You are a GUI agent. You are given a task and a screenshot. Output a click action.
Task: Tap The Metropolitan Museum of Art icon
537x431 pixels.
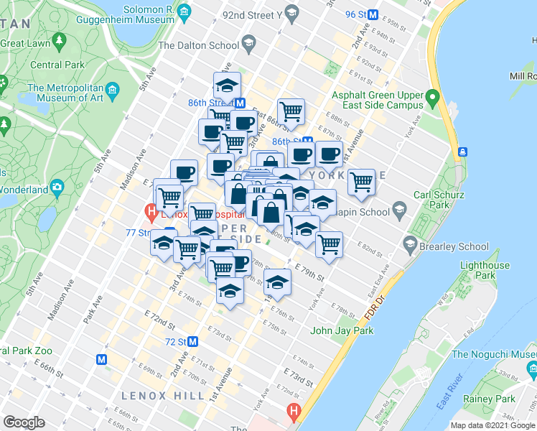112,90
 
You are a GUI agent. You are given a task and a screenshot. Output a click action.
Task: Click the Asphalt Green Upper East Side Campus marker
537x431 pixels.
431,96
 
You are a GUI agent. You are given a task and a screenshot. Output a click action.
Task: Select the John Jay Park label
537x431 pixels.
342,331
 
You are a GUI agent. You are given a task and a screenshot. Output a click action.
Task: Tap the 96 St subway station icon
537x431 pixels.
373,14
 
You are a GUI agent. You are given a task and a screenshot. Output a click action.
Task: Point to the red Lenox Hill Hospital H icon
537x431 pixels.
151,212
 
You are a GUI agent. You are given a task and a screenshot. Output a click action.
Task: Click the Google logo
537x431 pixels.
24,422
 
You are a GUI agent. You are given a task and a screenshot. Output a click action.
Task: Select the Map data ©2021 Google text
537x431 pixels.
492,425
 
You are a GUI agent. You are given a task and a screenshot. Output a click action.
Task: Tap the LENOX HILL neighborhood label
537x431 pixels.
154,396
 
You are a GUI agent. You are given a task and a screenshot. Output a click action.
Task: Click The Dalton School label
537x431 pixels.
198,45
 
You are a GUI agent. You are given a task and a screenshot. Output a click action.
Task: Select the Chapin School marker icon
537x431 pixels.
400,212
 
